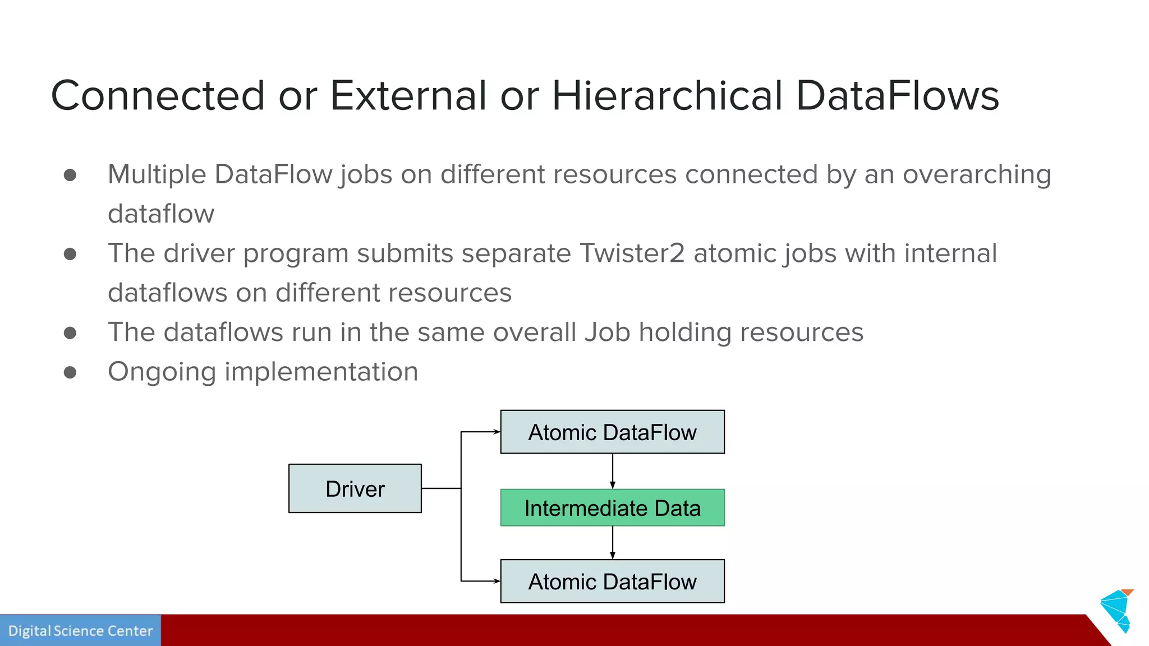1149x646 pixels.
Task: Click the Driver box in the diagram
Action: point(355,488)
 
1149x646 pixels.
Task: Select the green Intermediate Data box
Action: point(612,507)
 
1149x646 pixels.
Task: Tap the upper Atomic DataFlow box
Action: point(612,432)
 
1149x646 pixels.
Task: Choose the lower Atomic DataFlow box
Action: point(612,581)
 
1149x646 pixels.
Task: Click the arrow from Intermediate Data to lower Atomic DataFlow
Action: point(613,542)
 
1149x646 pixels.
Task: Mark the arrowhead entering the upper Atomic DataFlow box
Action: point(496,432)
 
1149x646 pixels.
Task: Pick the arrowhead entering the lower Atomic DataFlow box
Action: point(496,581)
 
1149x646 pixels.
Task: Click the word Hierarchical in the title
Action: point(667,95)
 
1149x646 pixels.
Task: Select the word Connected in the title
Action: point(158,95)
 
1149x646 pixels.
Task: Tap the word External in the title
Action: point(408,95)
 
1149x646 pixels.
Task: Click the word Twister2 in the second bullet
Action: point(632,253)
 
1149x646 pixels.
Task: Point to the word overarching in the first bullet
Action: point(976,174)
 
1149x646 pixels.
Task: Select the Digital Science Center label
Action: point(80,631)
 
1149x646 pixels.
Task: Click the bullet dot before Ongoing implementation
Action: point(70,372)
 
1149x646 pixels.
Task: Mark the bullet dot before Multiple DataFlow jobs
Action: point(70,175)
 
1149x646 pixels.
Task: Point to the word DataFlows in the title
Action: point(897,95)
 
